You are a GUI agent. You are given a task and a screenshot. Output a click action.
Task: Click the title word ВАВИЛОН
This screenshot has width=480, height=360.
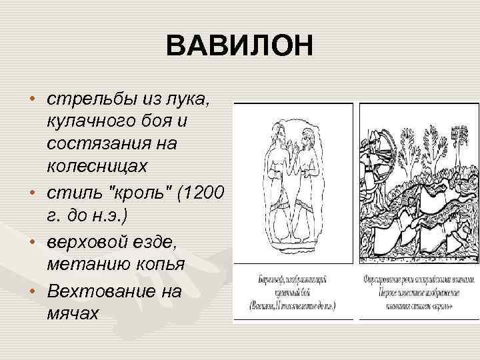[x=240, y=48]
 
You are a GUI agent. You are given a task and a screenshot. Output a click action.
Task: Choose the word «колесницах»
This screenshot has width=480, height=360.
[x=94, y=164]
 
